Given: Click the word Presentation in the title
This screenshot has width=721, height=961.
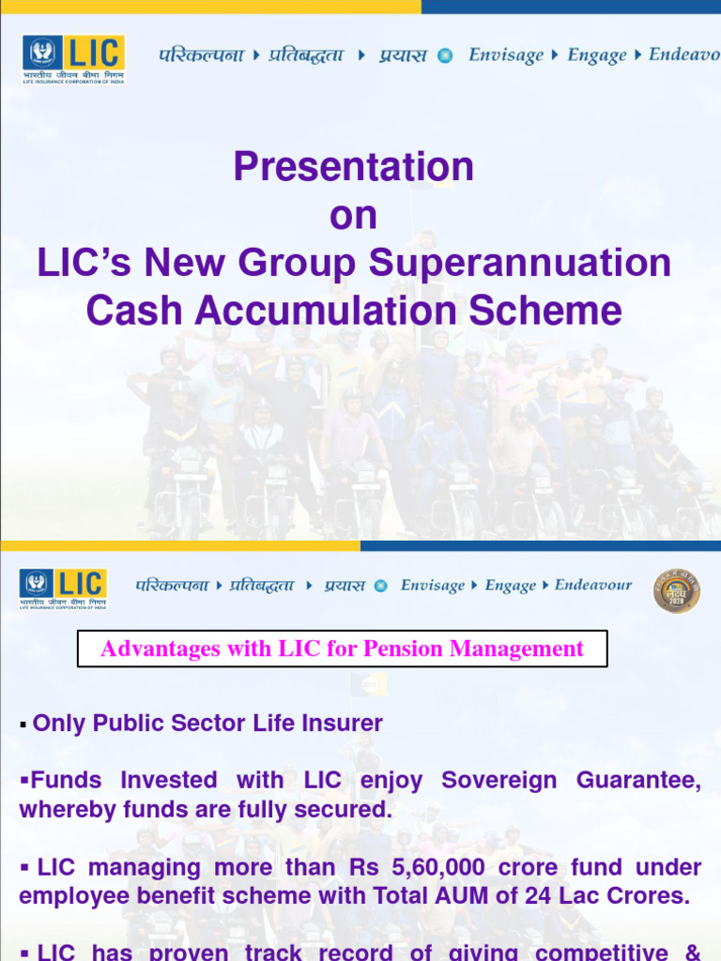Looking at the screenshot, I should pyautogui.click(x=354, y=168).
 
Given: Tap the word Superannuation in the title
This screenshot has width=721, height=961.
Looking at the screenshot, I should pyautogui.click(x=520, y=264).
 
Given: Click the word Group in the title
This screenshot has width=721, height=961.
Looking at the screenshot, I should pyautogui.click(x=299, y=264).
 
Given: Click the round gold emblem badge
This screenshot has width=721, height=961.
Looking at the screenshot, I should pyautogui.click(x=676, y=590).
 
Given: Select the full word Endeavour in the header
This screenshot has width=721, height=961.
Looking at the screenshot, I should pyautogui.click(x=593, y=585).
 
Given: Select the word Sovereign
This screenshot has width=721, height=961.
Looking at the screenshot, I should pyautogui.click(x=501, y=781).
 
